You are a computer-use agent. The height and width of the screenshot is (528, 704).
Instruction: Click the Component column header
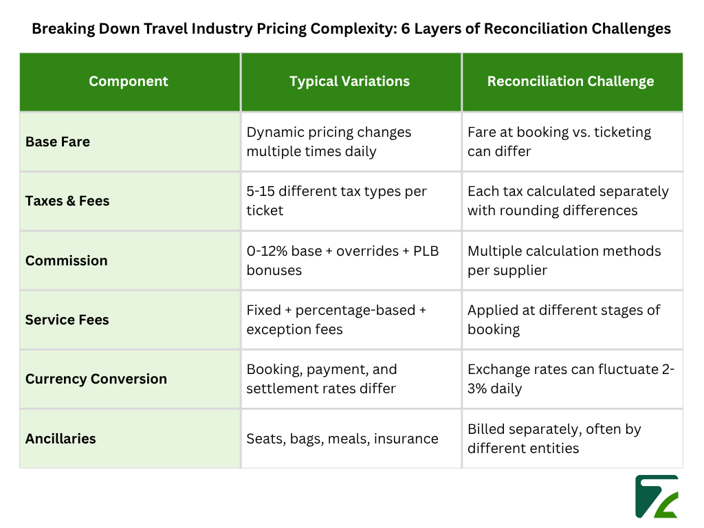(x=129, y=81)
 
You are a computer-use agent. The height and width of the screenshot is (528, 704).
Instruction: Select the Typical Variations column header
(x=349, y=81)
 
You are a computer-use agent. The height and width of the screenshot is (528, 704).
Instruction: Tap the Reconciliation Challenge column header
(x=571, y=81)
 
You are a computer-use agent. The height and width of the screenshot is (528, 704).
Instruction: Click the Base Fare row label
(x=58, y=142)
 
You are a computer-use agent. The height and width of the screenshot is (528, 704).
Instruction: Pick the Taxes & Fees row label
(x=67, y=201)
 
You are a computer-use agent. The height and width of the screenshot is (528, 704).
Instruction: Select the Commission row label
(x=67, y=261)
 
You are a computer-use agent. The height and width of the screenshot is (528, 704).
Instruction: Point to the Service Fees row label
(x=67, y=320)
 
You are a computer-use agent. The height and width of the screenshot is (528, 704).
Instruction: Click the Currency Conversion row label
(x=96, y=379)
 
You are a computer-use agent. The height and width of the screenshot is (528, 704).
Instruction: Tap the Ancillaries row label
(x=60, y=438)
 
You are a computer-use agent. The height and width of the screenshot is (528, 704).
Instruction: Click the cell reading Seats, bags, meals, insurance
(x=342, y=438)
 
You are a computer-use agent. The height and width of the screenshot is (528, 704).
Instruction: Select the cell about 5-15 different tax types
(x=337, y=201)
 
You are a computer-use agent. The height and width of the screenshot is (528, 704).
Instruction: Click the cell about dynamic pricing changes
(x=329, y=142)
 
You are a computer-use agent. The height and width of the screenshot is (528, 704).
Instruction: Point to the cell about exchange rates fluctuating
(x=571, y=379)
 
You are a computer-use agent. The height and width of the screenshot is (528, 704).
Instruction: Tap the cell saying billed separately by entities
(x=554, y=439)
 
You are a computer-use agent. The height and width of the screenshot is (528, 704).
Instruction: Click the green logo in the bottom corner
(x=657, y=496)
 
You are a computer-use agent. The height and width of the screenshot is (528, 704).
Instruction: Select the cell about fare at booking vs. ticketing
(x=559, y=142)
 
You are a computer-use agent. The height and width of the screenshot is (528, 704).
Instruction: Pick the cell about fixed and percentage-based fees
(x=336, y=320)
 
